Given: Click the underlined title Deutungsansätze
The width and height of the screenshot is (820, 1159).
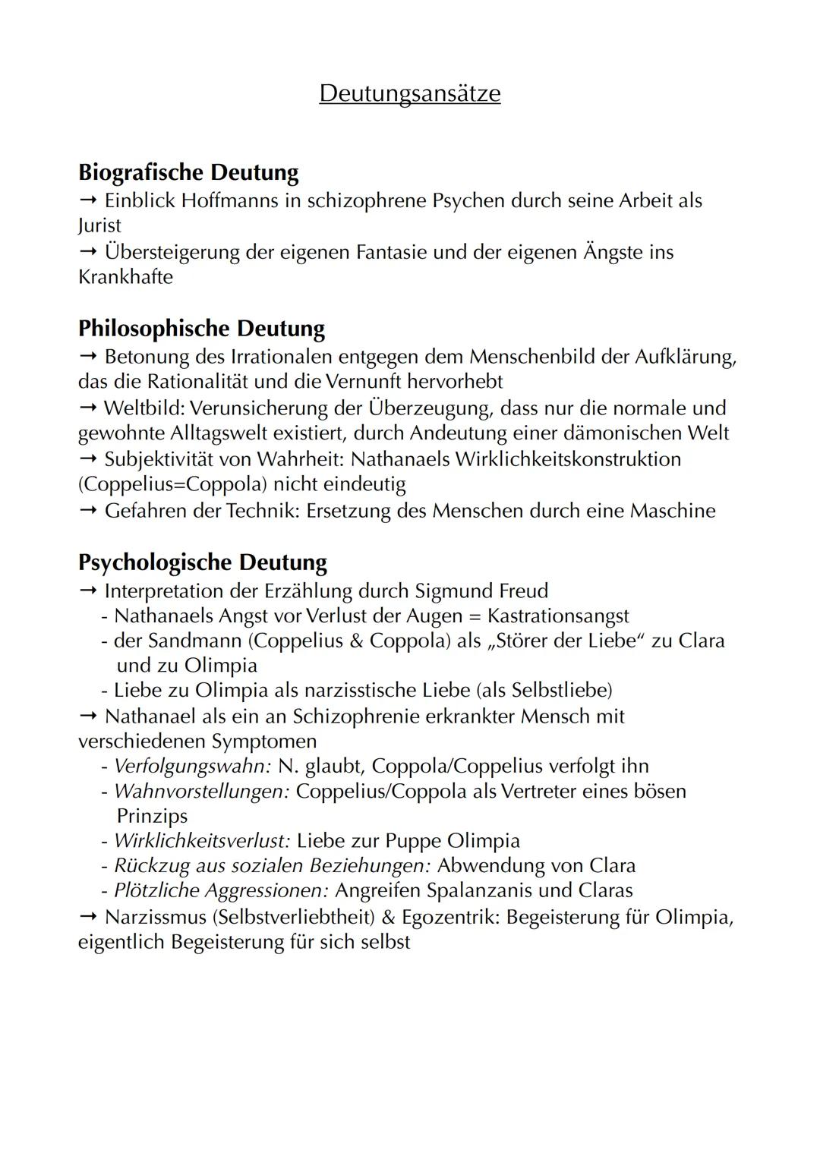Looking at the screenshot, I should pyautogui.click(x=409, y=93).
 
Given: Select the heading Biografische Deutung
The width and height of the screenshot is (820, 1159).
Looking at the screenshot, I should pyautogui.click(x=188, y=172).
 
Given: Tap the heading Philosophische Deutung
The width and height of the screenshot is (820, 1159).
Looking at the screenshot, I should pyautogui.click(x=201, y=329).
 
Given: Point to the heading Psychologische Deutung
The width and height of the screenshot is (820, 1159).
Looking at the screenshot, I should pyautogui.click(x=202, y=562).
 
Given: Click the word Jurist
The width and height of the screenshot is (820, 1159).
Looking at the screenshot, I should pyautogui.click(x=99, y=226).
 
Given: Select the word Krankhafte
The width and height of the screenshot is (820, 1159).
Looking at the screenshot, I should pyautogui.click(x=125, y=277).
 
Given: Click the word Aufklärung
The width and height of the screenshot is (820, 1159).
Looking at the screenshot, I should pyautogui.click(x=675, y=356).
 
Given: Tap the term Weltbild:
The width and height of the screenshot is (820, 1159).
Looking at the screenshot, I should pyautogui.click(x=144, y=408).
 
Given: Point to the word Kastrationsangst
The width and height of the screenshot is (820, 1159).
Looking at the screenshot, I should pyautogui.click(x=558, y=616).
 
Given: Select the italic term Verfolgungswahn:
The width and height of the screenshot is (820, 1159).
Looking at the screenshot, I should pyautogui.click(x=192, y=767).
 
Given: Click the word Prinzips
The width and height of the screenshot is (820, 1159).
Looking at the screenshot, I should pyautogui.click(x=152, y=817).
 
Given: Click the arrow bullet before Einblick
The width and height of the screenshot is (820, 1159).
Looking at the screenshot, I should pyautogui.click(x=88, y=201).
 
